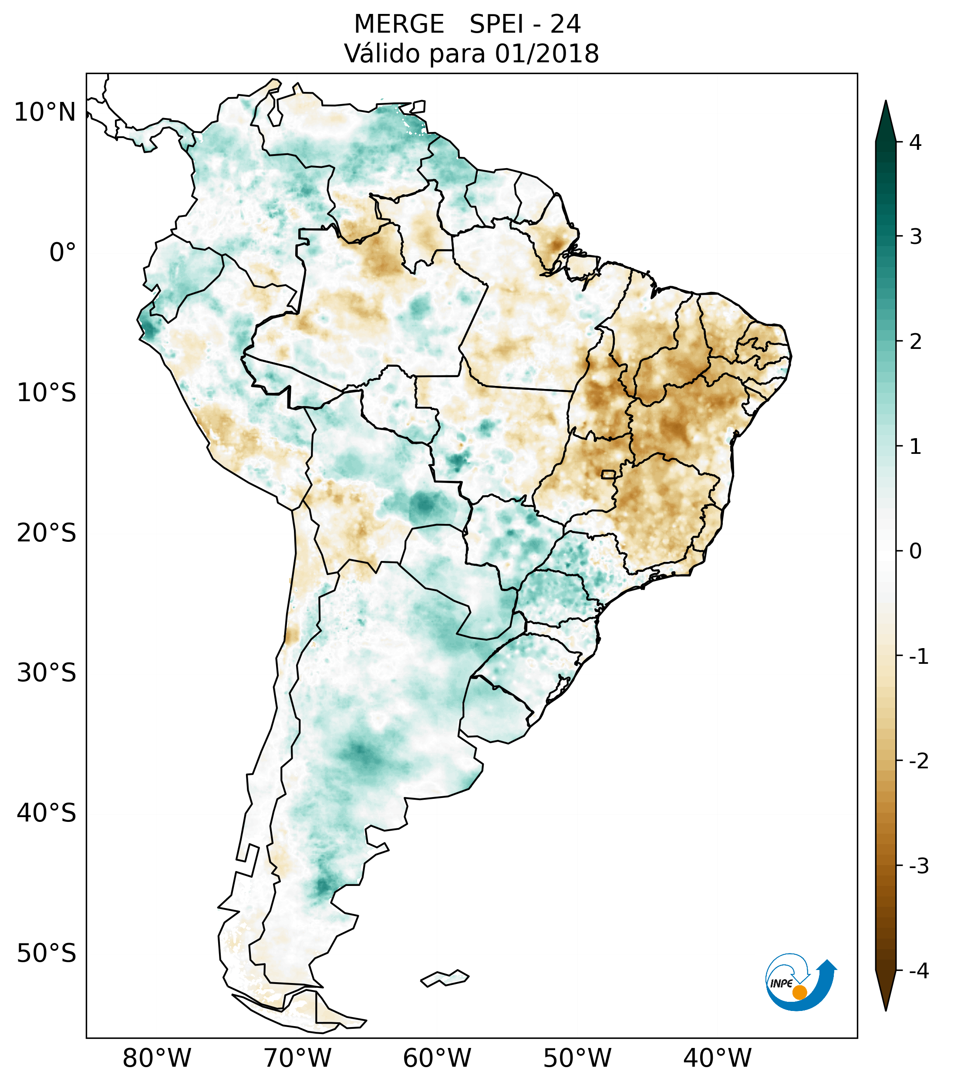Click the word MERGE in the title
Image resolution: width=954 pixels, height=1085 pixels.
(398, 24)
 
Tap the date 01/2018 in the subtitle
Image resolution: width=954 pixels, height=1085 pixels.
(546, 54)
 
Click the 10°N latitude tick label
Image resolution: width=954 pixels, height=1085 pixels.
(45, 112)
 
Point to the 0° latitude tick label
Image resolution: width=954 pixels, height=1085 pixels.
(63, 253)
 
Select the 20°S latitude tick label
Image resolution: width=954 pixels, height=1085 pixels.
(47, 533)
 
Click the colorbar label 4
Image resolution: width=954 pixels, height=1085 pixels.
(915, 142)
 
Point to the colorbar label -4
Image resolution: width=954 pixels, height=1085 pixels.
(918, 971)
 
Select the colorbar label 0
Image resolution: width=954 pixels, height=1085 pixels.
(915, 551)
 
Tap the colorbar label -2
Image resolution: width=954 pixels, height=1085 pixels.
(918, 762)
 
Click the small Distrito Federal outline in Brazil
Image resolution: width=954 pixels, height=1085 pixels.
(609, 474)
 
